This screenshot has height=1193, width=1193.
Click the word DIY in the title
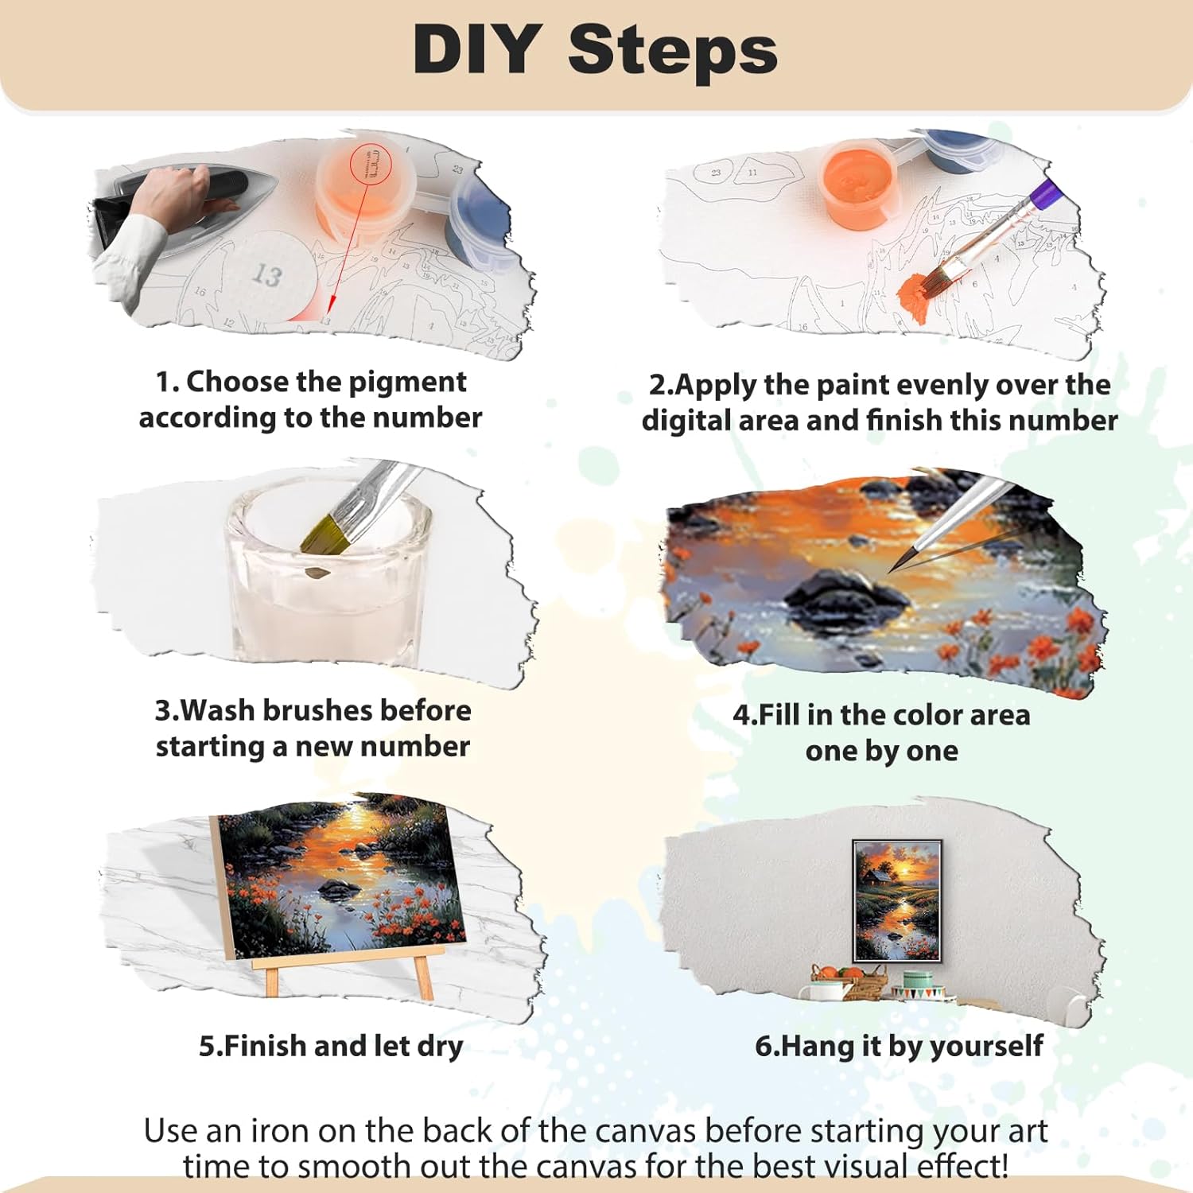(476, 49)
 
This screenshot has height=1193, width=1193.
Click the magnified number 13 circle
(267, 274)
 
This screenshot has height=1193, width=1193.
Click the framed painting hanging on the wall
(896, 900)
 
